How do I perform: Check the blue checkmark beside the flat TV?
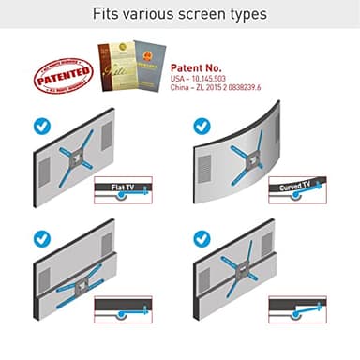[43, 125]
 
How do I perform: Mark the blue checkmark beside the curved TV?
[202, 125]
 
